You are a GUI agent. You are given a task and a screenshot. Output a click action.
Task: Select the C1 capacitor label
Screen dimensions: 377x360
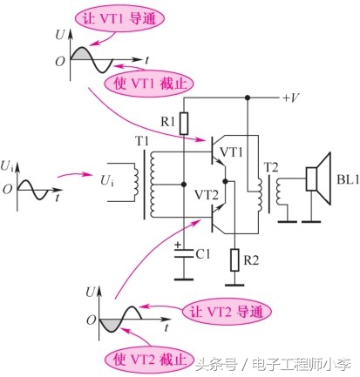(x=202, y=254)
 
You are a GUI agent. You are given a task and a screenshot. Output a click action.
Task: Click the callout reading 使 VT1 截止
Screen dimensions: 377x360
(x=143, y=85)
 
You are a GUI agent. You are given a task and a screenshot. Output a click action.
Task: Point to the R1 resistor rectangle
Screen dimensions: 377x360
(x=184, y=122)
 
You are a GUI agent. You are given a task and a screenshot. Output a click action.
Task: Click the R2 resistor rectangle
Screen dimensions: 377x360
(x=234, y=259)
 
